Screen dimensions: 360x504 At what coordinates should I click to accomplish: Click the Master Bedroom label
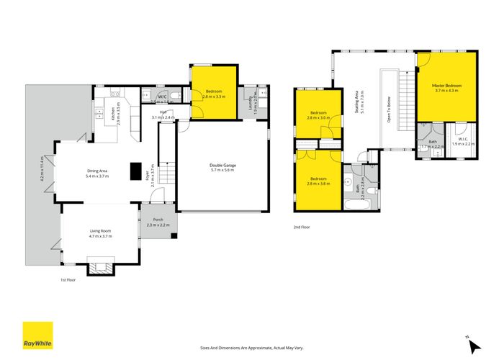click(447, 89)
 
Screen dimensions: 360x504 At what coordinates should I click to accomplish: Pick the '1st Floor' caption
click(68, 280)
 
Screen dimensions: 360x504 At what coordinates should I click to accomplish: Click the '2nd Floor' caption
click(302, 227)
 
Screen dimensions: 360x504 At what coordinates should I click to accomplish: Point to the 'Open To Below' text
click(390, 108)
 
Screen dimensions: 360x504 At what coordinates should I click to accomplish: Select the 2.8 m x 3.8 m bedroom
click(318, 181)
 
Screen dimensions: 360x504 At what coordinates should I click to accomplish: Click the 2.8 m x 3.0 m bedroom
click(318, 116)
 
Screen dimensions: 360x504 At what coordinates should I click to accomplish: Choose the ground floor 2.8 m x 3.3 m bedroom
click(214, 94)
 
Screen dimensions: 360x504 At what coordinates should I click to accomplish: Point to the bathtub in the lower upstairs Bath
click(358, 204)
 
